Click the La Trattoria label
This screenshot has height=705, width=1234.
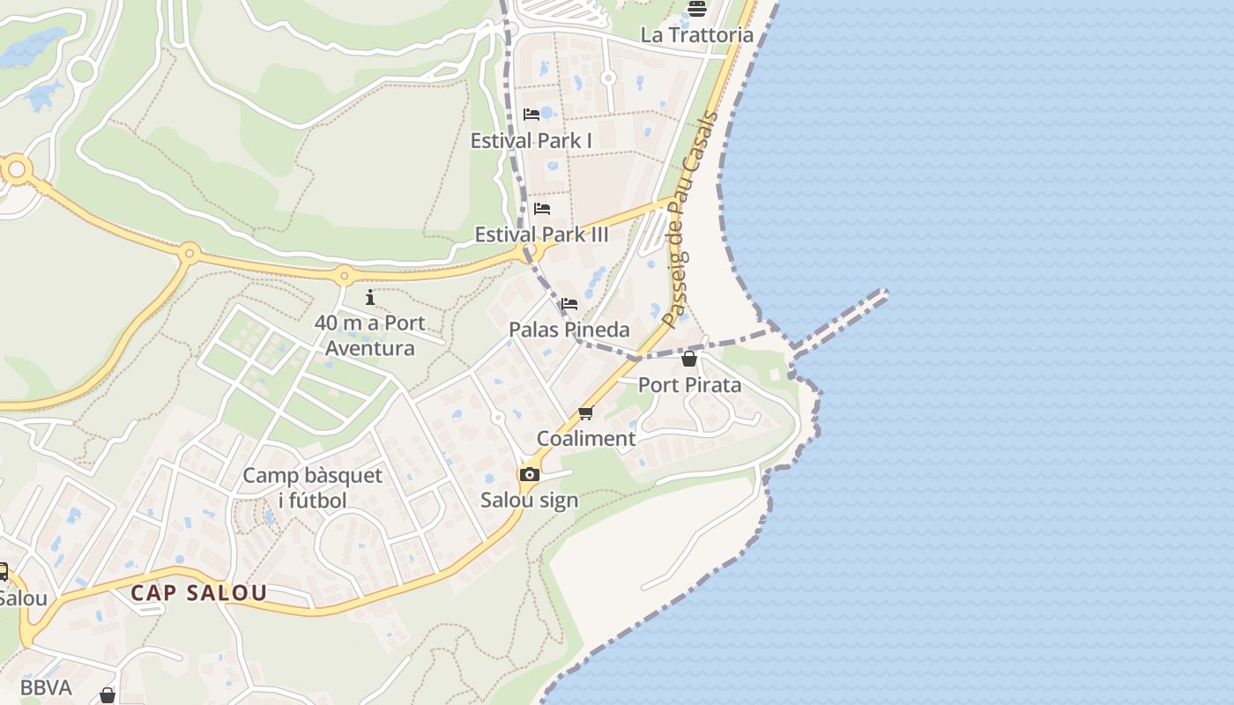coord(696,35)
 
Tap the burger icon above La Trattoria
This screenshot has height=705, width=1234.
coord(697,9)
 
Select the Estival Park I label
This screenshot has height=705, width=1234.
coord(531,140)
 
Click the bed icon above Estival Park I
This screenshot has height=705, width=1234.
coord(531,115)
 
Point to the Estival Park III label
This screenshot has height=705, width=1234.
coord(541,234)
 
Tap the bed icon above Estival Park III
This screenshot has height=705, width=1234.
coord(542,209)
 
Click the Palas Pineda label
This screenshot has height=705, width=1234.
coord(569,330)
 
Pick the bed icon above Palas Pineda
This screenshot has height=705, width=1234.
coord(569,304)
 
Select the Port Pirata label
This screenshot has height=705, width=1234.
coord(689,384)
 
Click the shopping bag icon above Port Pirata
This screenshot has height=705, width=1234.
coord(689,359)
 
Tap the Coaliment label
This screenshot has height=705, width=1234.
coord(586,438)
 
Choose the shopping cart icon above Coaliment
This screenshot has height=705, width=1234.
coord(586,412)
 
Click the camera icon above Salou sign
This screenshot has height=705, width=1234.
coord(529,475)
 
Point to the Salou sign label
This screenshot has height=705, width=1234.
coord(529,500)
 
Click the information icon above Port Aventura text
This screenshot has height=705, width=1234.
coord(370,297)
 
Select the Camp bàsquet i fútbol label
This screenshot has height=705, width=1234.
coord(312,488)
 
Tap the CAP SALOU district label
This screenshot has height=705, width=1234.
coord(198,592)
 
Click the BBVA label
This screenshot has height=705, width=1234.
coord(46,687)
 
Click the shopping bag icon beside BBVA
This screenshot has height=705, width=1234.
coord(108,695)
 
